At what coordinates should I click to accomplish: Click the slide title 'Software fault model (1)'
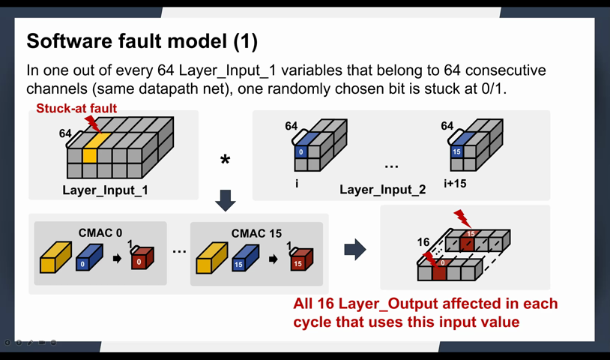click(142, 40)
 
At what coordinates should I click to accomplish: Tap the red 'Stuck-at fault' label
click(76, 109)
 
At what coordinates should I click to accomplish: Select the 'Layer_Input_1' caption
click(105, 190)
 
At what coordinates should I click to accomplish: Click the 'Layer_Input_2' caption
click(382, 190)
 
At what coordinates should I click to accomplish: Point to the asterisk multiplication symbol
click(225, 160)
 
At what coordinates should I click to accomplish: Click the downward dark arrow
click(225, 199)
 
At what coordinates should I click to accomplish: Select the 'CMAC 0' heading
click(100, 233)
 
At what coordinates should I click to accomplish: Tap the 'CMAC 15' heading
click(256, 233)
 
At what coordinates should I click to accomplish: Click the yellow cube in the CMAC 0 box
click(55, 259)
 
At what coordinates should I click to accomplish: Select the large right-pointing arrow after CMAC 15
click(354, 249)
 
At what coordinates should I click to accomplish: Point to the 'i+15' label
click(453, 182)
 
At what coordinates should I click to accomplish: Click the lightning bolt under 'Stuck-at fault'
click(92, 123)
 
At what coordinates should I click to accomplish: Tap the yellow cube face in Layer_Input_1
click(89, 155)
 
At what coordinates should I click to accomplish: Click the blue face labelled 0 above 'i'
click(300, 151)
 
